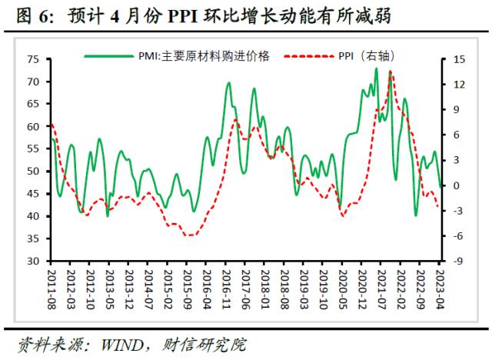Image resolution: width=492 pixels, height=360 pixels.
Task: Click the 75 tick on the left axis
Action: [x=34, y=59]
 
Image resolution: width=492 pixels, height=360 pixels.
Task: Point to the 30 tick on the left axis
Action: [x=34, y=262]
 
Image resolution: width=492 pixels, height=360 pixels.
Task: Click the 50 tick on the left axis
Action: [x=34, y=172]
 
